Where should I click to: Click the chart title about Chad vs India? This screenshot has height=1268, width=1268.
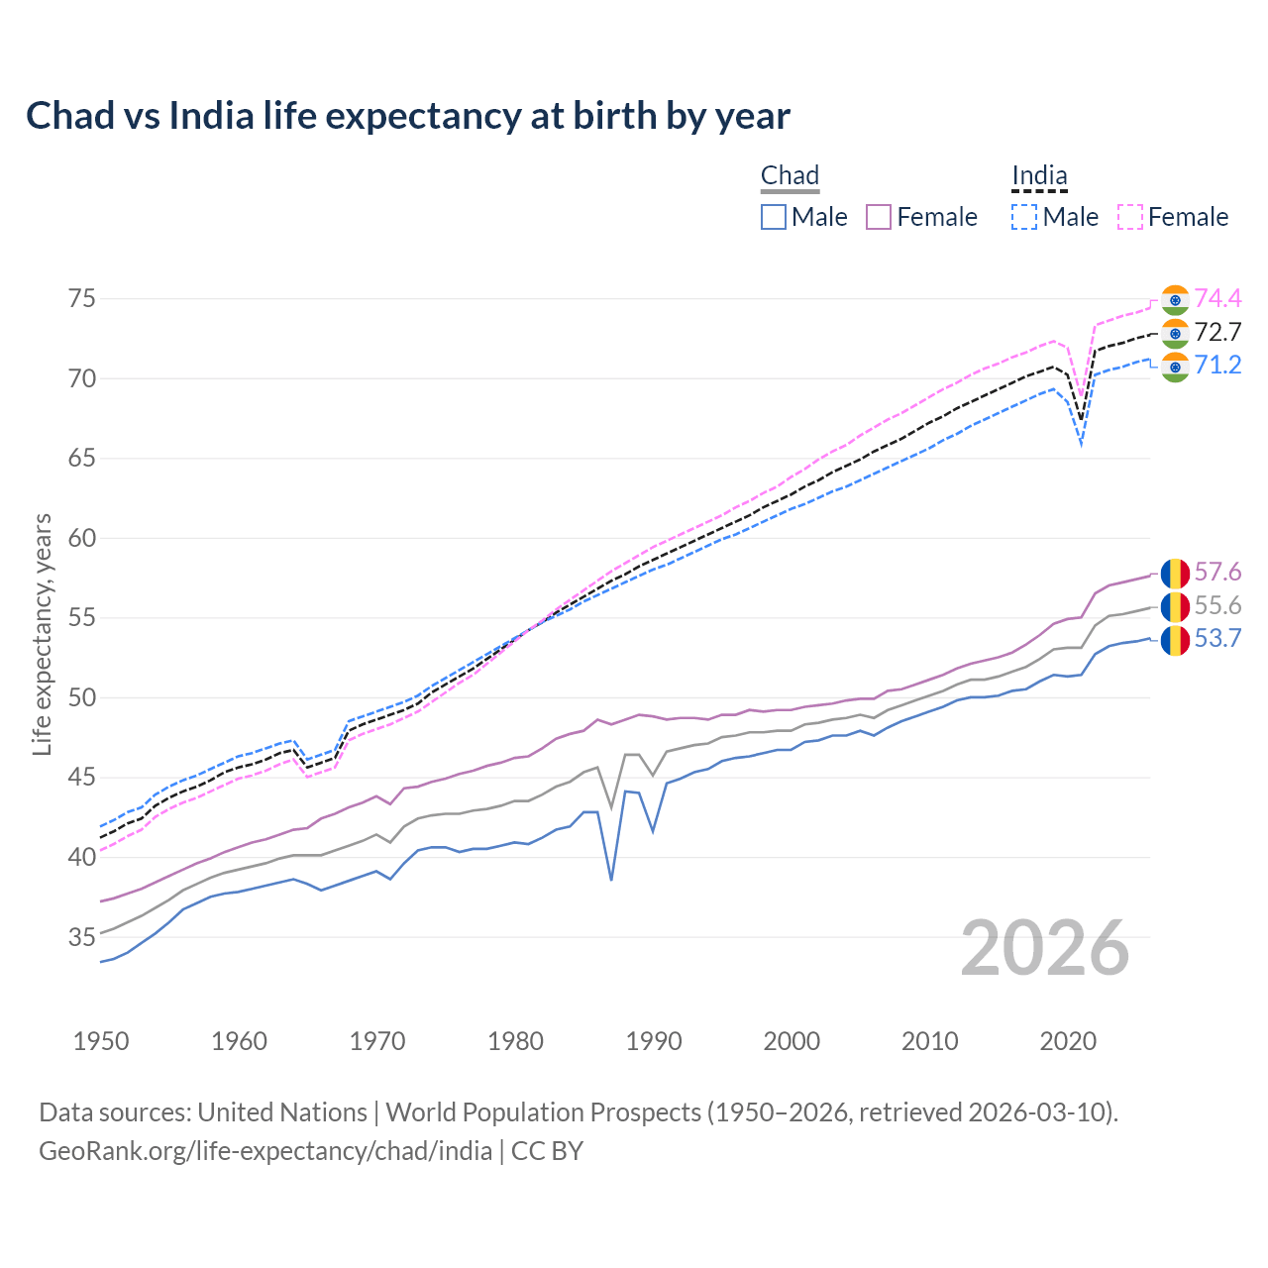(x=407, y=116)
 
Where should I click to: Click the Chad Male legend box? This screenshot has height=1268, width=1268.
(x=774, y=217)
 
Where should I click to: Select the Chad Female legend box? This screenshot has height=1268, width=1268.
(x=879, y=217)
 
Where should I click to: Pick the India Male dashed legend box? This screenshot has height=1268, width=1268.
(x=1024, y=217)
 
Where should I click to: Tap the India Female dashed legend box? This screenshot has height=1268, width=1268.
(x=1130, y=217)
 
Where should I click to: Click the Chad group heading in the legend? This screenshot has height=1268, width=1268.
(x=790, y=176)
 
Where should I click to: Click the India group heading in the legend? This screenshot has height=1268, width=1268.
(x=1039, y=176)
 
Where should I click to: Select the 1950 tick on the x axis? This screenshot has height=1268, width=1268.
(x=101, y=1041)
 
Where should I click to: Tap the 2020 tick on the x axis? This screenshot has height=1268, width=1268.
(x=1068, y=1041)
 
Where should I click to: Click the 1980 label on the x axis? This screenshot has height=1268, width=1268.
(x=515, y=1041)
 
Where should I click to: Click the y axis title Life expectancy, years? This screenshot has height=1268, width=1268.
(x=42, y=634)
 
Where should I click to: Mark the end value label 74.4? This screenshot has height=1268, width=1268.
(x=1217, y=298)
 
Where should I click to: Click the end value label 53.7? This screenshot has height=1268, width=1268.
(x=1217, y=639)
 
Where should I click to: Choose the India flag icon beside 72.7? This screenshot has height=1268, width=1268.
(x=1175, y=333)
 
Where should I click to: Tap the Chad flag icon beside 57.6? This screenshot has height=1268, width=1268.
(x=1175, y=573)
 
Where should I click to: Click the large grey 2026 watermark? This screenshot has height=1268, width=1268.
(x=1045, y=948)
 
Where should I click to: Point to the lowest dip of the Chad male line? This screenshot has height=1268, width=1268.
(x=611, y=879)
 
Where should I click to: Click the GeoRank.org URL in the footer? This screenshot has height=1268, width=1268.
(x=265, y=1150)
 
